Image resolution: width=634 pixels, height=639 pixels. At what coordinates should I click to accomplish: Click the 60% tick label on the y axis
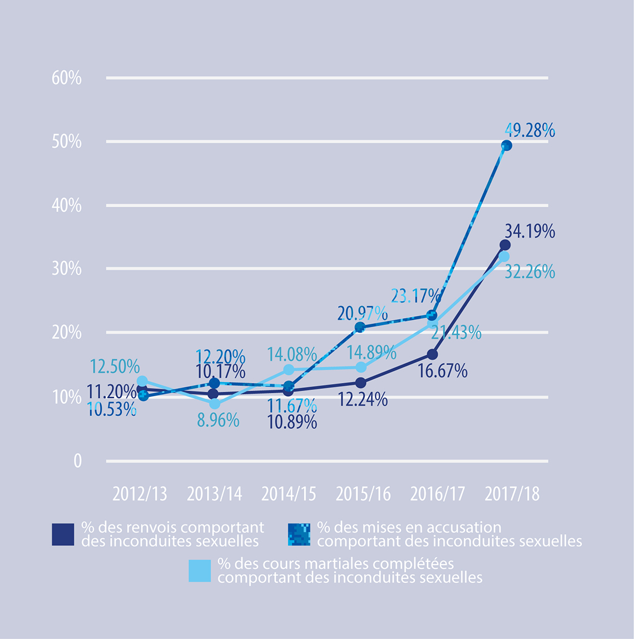click(67, 78)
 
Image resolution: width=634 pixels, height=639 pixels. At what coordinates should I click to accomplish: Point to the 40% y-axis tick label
click(67, 206)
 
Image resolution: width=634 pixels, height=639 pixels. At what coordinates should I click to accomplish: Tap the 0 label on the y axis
click(77, 461)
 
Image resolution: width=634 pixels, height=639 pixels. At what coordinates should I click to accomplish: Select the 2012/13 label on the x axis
click(140, 494)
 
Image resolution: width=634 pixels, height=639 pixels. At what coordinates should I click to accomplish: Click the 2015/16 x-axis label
click(363, 494)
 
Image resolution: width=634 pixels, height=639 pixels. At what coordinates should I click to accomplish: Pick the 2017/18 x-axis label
click(512, 494)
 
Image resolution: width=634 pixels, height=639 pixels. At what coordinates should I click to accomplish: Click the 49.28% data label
click(529, 131)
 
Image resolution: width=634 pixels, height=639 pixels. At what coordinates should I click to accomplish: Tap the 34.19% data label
click(529, 231)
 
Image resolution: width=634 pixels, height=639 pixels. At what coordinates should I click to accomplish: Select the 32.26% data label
click(529, 272)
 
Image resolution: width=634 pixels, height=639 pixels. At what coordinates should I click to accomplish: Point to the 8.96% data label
click(218, 421)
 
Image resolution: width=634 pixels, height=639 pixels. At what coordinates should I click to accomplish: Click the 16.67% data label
click(442, 371)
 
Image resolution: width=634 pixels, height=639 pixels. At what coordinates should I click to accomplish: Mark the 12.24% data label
click(363, 400)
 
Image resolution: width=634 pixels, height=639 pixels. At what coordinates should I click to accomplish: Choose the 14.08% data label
click(292, 355)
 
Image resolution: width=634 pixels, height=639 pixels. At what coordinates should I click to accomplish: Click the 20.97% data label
click(362, 314)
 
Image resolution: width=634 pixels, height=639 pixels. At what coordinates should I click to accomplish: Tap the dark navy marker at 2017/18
click(505, 245)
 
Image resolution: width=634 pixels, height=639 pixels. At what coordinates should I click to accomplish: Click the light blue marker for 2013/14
click(215, 404)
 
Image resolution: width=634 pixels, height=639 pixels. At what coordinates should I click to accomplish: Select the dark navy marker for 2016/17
click(432, 355)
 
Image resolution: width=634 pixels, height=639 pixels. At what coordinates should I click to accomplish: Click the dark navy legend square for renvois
click(63, 535)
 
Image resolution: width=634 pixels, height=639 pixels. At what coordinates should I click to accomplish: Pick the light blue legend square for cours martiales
click(200, 571)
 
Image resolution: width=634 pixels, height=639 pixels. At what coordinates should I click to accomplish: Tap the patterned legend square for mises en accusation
click(299, 535)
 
